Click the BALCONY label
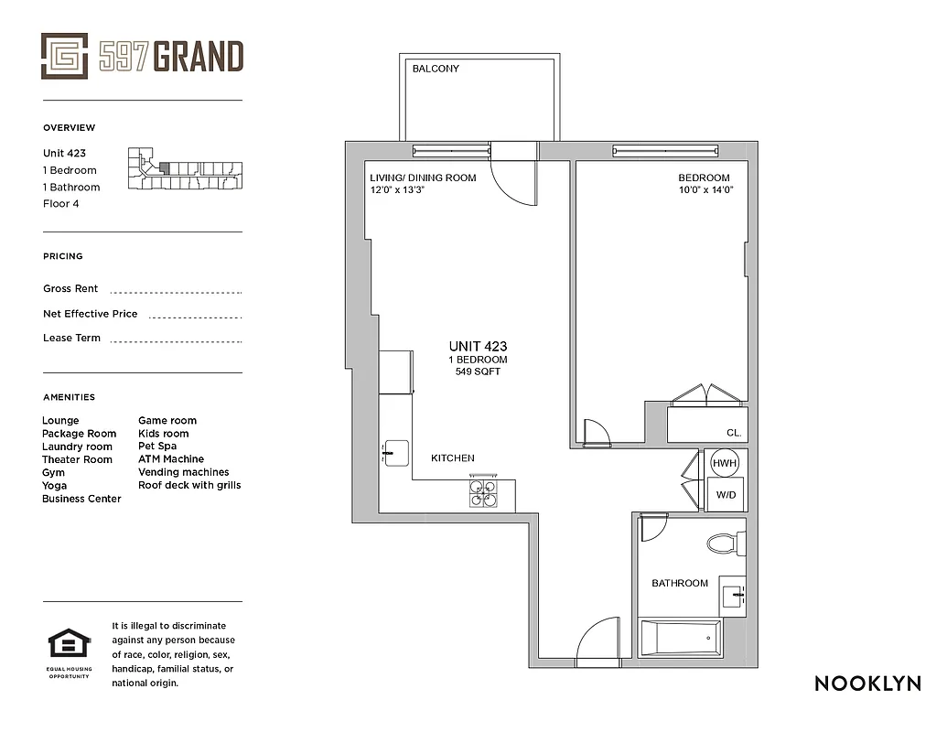[x=436, y=69]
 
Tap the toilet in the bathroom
[x=726, y=544]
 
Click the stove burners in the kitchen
[x=485, y=493]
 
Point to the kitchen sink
[x=395, y=450]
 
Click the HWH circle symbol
[x=725, y=464]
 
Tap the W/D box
[x=725, y=494]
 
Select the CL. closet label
[x=734, y=434]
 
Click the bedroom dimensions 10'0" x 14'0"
[x=705, y=190]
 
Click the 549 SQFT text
[x=478, y=371]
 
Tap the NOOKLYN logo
[x=867, y=684]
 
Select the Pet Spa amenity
[x=157, y=447]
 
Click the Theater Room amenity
[x=77, y=459]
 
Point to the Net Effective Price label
[x=90, y=314]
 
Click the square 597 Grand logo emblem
[x=64, y=56]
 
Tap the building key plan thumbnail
[x=187, y=170]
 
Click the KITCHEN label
[x=453, y=458]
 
